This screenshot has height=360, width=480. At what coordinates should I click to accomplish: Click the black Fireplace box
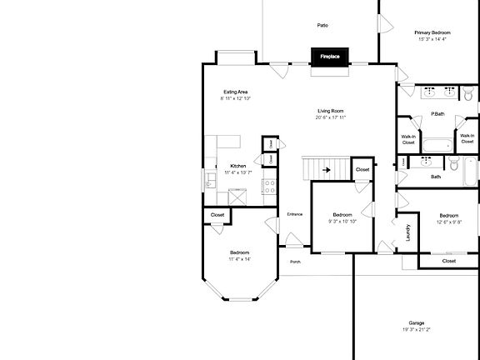coord(330,57)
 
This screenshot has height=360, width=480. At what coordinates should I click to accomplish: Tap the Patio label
coord(322,25)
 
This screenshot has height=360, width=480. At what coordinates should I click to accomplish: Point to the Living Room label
coord(331,111)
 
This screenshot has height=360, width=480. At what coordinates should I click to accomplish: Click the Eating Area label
coord(236,92)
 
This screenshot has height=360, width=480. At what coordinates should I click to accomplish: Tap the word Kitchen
coord(237,165)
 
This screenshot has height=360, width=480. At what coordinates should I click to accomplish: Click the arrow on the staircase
coord(327,170)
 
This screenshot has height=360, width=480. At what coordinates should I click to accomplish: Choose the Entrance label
coord(295,215)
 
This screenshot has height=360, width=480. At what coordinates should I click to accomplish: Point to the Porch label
coord(296,262)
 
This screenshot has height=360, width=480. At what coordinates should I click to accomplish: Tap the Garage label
coord(417,322)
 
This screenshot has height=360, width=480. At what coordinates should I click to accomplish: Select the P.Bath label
coord(436,114)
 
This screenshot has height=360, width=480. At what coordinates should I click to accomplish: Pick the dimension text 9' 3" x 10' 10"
coord(342,221)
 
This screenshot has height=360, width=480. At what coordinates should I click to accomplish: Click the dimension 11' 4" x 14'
coord(240,259)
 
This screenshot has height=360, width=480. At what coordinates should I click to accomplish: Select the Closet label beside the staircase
coord(362,170)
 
